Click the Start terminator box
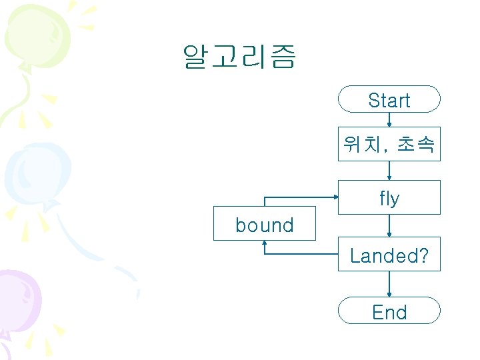[x=389, y=99]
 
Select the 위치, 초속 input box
[x=389, y=143]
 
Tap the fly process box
[x=389, y=197]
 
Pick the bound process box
[x=265, y=224]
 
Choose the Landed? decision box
[x=389, y=254]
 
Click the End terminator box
[x=389, y=311]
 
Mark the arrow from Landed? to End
[x=389, y=283]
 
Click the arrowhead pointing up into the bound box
[x=265, y=244]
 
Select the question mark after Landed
[x=423, y=255]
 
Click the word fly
[x=389, y=199]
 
